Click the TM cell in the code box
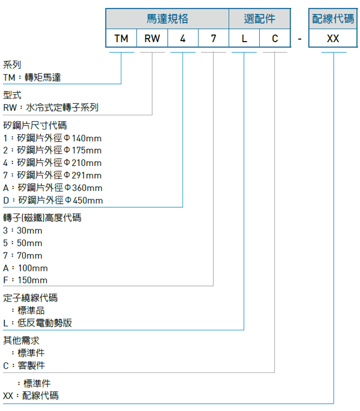[121, 38]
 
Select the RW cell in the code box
[152, 38]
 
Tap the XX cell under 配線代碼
[333, 38]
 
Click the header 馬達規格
[167, 19]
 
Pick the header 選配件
[259, 19]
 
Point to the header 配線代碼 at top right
[333, 19]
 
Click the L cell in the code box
[244, 38]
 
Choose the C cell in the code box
[275, 38]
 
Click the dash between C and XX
[299, 39]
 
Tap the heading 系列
[12, 64]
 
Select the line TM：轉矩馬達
[32, 77]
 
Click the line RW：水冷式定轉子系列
[51, 107]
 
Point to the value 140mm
[86, 138]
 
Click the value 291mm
[86, 175]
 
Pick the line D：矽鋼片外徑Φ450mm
[53, 200]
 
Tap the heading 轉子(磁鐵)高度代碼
[42, 218]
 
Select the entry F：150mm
[25, 280]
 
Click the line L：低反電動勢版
[38, 323]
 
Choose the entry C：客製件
[24, 365]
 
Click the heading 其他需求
[21, 341]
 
